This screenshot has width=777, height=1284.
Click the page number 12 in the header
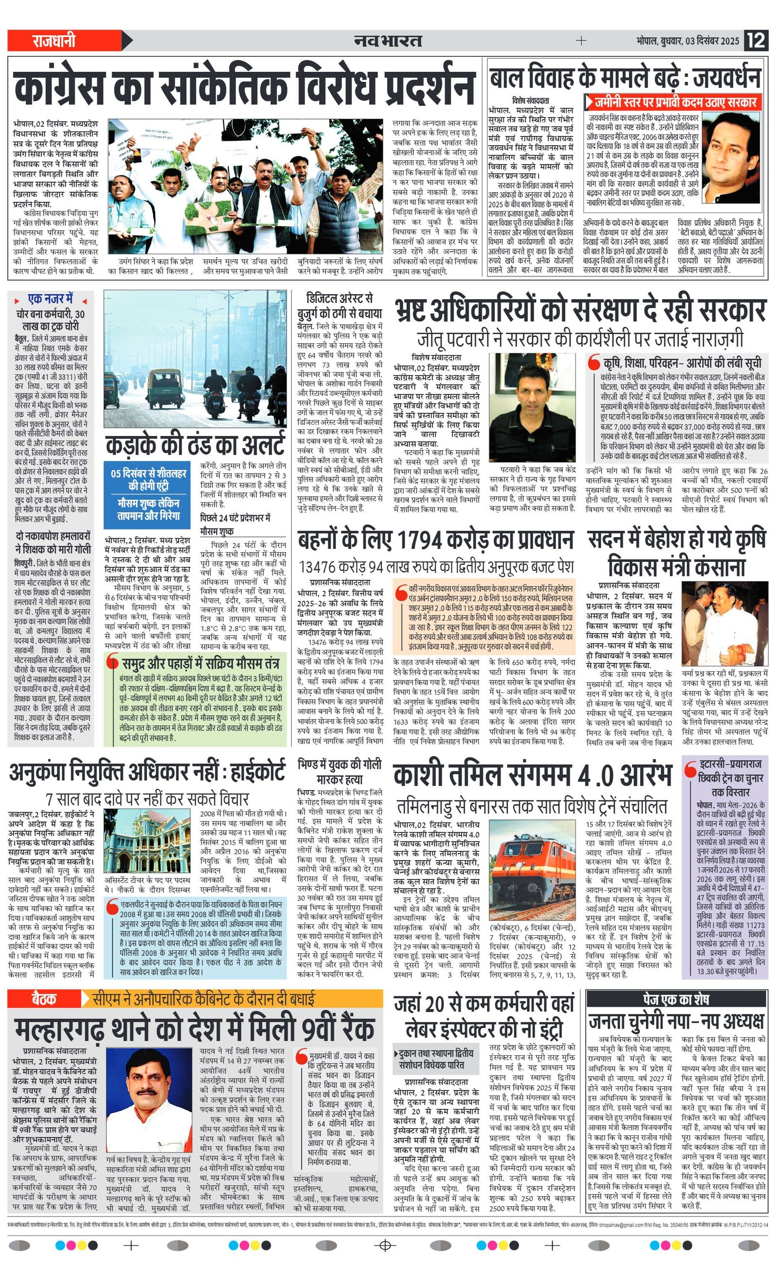pos(757,41)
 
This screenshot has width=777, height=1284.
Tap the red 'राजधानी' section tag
pos(54,41)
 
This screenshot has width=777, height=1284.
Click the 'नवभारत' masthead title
pos(388,41)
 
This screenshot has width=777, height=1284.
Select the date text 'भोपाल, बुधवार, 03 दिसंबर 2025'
pos(687,41)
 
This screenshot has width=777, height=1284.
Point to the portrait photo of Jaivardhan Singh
pos(733,157)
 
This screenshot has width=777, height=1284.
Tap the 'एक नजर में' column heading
pos(51,299)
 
